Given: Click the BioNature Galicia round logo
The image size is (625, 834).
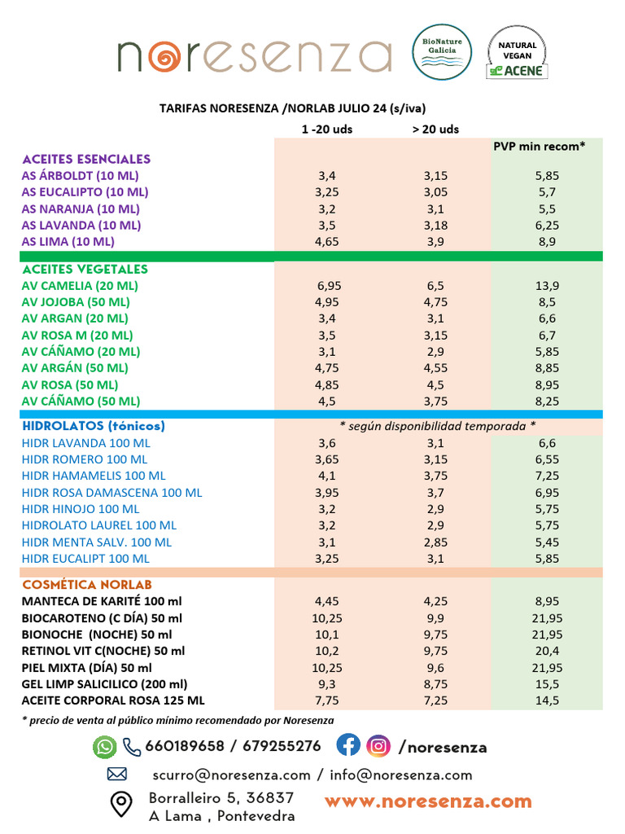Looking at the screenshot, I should pyautogui.click(x=442, y=52).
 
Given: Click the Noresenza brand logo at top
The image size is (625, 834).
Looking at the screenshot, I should pyautogui.click(x=254, y=55).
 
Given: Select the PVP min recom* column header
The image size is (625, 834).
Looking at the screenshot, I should pyautogui.click(x=540, y=146).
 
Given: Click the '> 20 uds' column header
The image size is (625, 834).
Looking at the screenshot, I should pyautogui.click(x=435, y=129).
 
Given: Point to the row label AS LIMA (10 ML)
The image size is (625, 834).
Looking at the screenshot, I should pyautogui.click(x=68, y=241).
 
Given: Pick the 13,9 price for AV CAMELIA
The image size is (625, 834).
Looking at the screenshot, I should pyautogui.click(x=546, y=286).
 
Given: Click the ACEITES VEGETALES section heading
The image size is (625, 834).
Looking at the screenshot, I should pyautogui.click(x=85, y=269).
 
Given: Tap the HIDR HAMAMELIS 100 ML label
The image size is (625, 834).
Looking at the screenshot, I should pyautogui.click(x=94, y=476).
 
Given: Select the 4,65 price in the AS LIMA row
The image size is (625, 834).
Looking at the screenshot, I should pyautogui.click(x=327, y=241).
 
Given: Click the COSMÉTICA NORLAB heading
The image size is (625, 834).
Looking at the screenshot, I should pyautogui.click(x=87, y=585).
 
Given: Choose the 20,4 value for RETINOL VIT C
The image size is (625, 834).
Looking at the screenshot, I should pyautogui.click(x=546, y=650).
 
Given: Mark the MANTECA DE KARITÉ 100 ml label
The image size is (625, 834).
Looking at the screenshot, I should pyautogui.click(x=102, y=601).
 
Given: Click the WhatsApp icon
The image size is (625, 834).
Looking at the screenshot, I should pyautogui.click(x=105, y=747).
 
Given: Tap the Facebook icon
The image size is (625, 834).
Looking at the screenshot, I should pyautogui.click(x=348, y=745).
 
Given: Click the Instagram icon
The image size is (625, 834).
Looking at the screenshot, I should pyautogui.click(x=378, y=745).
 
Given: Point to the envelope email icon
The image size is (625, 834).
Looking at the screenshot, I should pyautogui.click(x=117, y=775).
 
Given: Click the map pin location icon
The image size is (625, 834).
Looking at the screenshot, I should pyautogui.click(x=121, y=805).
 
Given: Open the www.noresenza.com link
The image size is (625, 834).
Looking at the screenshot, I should pyautogui.click(x=428, y=801).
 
